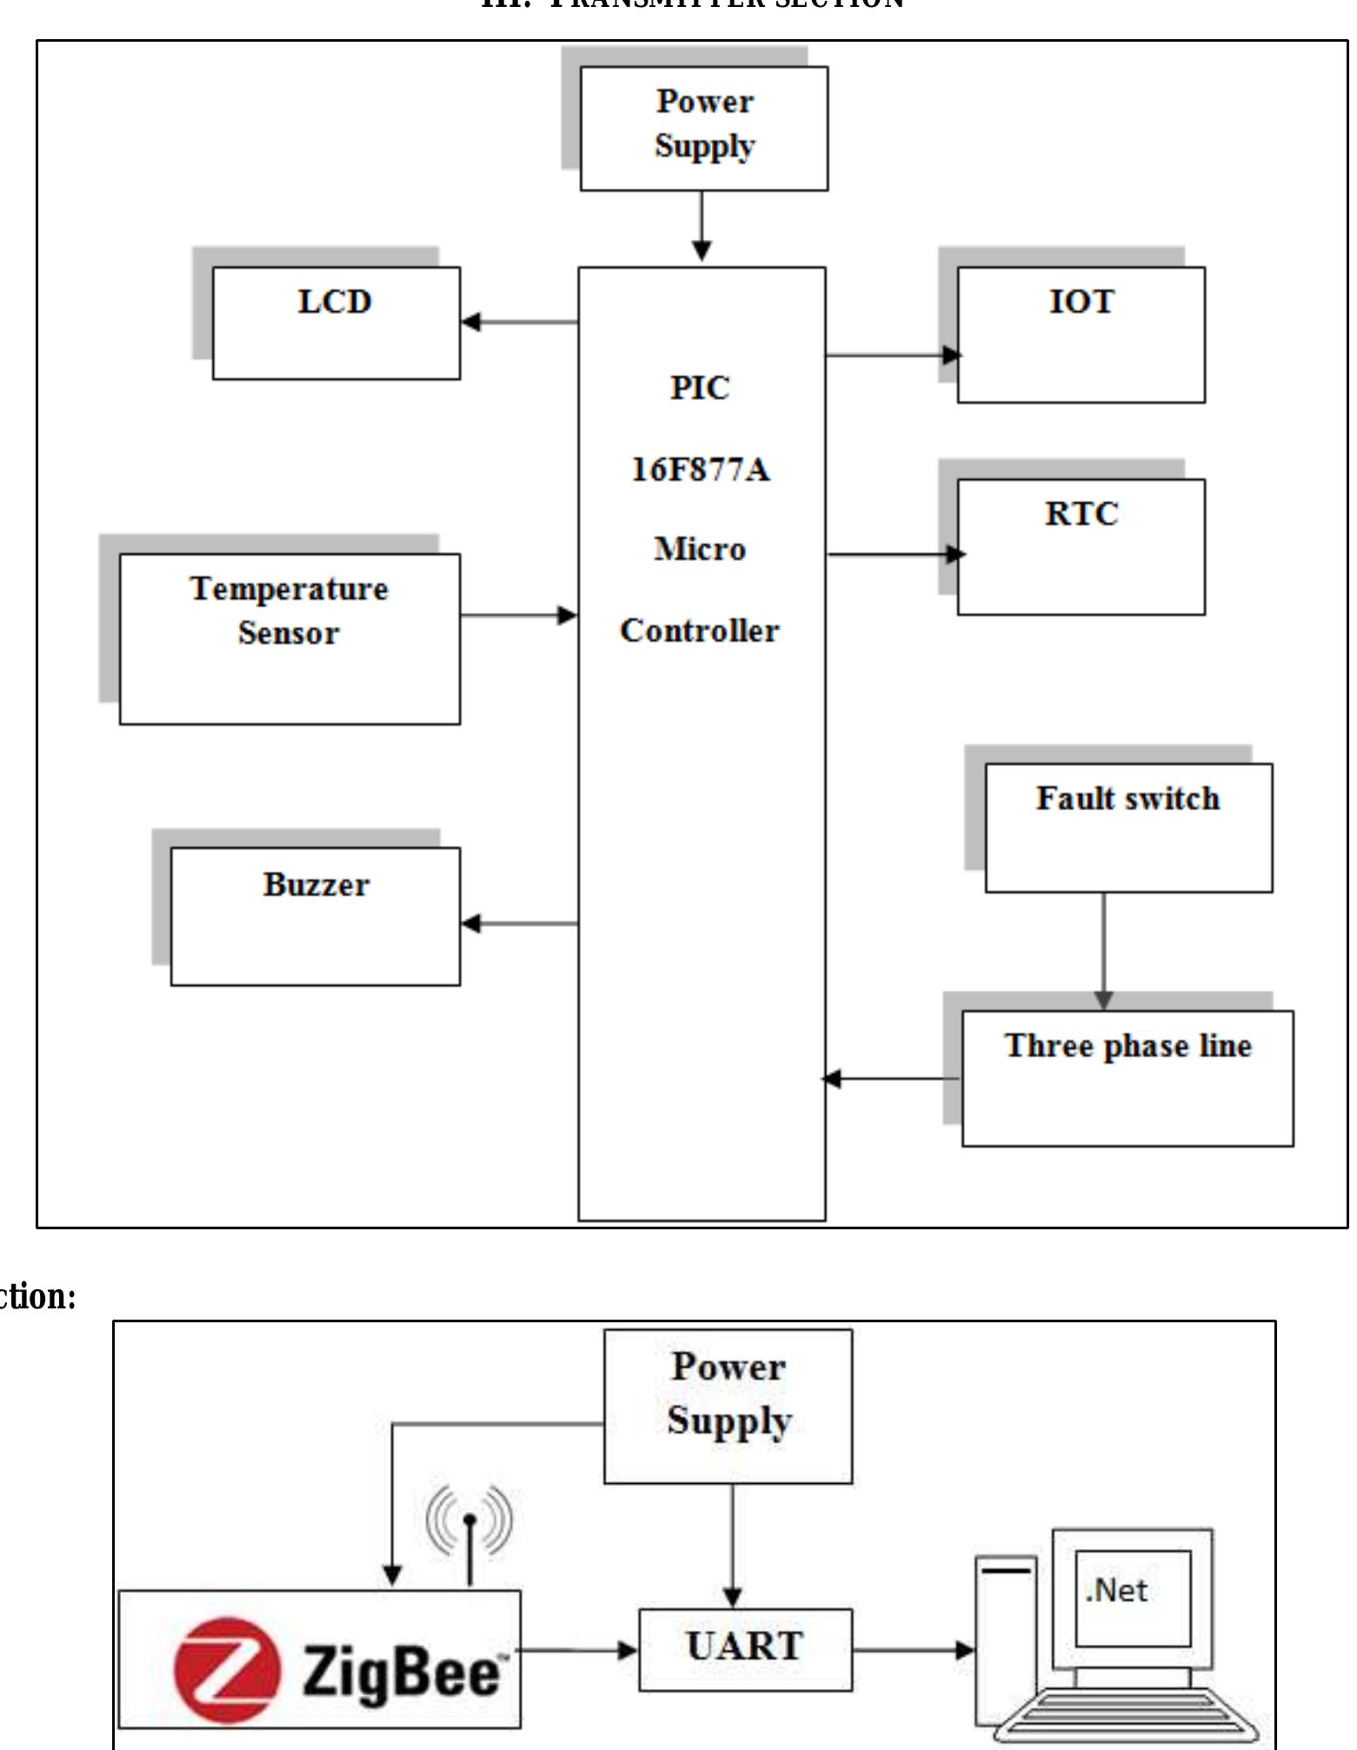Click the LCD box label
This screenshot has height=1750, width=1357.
tap(335, 302)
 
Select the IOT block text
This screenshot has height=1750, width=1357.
tap(1081, 302)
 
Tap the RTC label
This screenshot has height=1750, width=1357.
tap(1081, 514)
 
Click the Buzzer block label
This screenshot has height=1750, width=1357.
tap(316, 885)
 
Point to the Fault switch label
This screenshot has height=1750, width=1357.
tap(1128, 799)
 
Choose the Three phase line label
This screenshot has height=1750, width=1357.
tap(1128, 1046)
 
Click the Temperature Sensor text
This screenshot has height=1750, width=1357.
tap(289, 610)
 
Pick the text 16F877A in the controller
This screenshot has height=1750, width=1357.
tap(700, 469)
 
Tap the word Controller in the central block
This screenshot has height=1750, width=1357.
tap(700, 631)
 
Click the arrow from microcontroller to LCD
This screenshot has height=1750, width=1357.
tap(519, 322)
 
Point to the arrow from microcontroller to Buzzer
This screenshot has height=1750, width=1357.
tap(519, 923)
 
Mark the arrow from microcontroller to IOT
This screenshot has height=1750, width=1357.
tap(892, 355)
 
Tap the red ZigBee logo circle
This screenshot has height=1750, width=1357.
tap(228, 1670)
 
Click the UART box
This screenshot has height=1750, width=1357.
tap(745, 1649)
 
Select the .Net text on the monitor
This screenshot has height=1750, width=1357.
tap(1117, 1591)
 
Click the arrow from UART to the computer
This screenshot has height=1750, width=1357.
tap(914, 1649)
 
